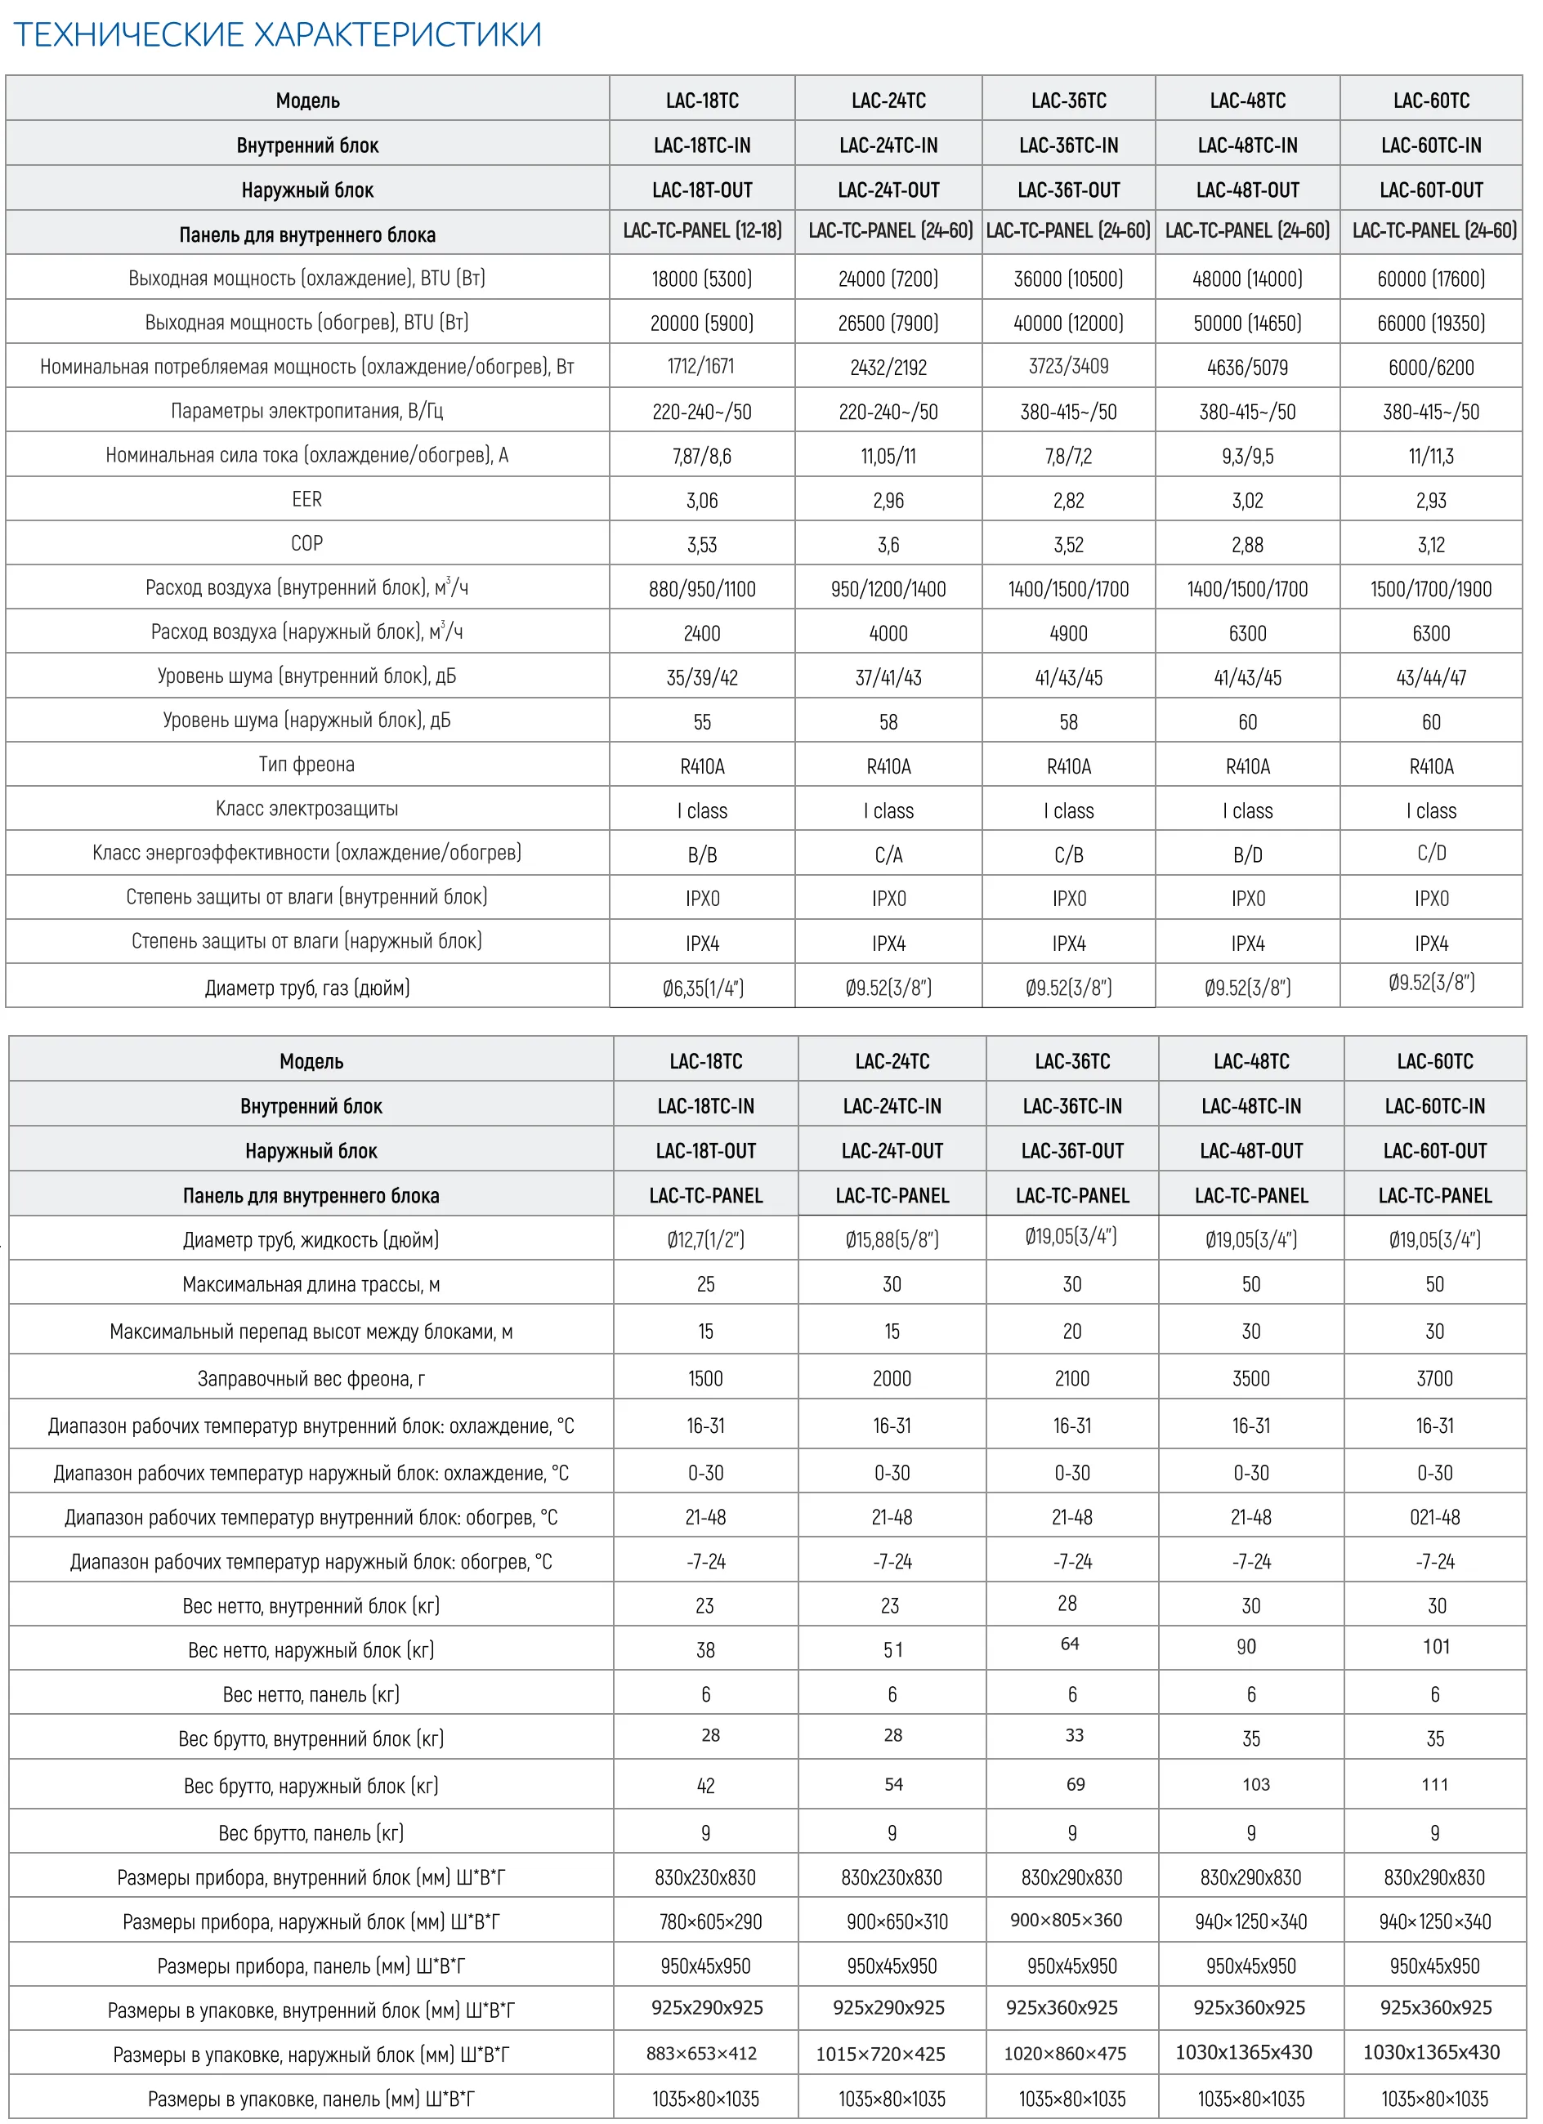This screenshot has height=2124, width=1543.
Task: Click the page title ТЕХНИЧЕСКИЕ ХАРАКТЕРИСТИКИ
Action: click(x=277, y=34)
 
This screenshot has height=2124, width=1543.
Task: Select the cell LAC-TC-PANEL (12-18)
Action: click(x=702, y=230)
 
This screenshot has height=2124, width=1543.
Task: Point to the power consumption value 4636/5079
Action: click(x=1247, y=367)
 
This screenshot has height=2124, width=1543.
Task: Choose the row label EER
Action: click(x=306, y=499)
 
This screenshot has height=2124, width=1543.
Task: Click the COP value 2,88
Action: click(x=1247, y=545)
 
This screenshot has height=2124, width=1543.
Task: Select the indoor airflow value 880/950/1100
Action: click(x=702, y=589)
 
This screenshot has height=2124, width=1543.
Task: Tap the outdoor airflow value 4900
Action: click(x=1068, y=633)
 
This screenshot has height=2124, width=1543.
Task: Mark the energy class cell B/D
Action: click(x=1247, y=855)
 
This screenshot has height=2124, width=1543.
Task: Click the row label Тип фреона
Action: click(x=306, y=764)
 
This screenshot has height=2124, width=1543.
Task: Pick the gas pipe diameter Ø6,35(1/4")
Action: click(x=703, y=988)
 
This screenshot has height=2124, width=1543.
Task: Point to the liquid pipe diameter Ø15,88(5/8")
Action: click(x=892, y=1240)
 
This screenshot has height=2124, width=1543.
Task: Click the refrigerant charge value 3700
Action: click(x=1434, y=1378)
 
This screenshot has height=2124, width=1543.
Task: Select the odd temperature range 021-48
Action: click(x=1434, y=1517)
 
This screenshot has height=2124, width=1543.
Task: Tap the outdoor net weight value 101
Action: click(x=1436, y=1646)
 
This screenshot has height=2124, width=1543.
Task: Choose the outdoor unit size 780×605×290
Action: click(x=710, y=1921)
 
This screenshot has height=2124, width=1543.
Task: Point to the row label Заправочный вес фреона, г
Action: click(x=311, y=1378)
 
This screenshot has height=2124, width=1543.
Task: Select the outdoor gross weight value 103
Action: click(x=1255, y=1784)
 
